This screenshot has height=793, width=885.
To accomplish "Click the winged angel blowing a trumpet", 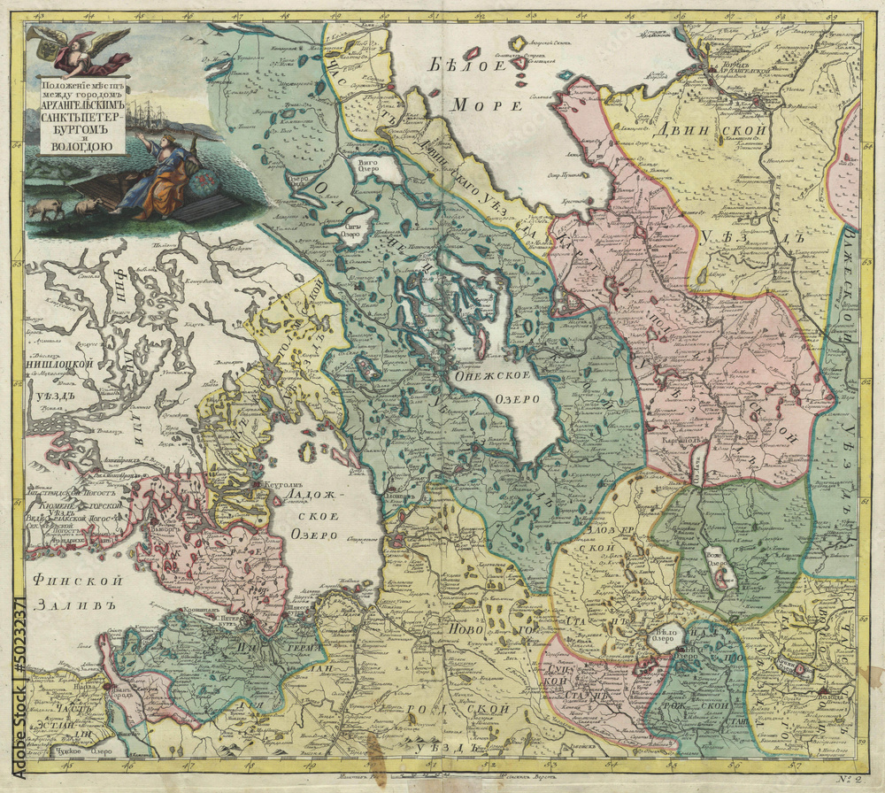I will tap(81, 49).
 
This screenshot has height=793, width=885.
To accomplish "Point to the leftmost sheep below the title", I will tap(43, 210).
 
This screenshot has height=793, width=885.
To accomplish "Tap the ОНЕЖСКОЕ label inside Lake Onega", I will tap(483, 376).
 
